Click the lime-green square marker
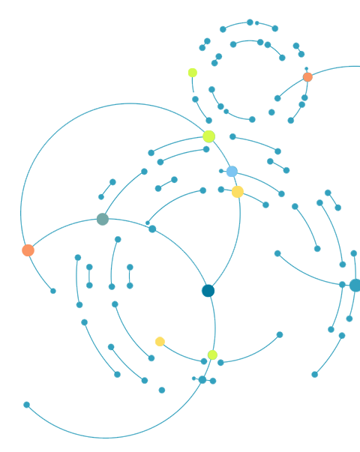pos(193,73)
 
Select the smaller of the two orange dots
pos(307,77)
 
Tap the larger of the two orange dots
pos(28,250)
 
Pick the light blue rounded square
pos(232,172)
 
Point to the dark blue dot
pos(208,291)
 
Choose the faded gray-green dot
pos(103,220)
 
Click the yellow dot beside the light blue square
pos(238,192)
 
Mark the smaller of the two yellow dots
pos(160,342)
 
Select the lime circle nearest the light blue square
pos(208,136)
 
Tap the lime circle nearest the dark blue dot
pos(212,355)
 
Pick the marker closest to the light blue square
pos(238,192)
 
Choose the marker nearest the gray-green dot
pos(28,250)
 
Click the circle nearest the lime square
pos(208,136)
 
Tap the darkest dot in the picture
pos(208,291)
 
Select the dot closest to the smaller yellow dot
pos(212,355)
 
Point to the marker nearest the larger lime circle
pos(232,172)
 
